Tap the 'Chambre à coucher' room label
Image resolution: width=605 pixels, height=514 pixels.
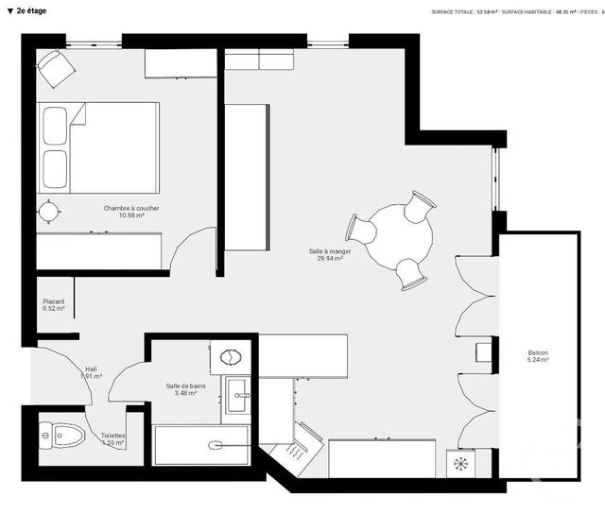tap(131, 208)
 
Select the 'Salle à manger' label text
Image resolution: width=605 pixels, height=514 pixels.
tap(330, 251)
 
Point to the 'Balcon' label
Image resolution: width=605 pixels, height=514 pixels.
tap(538, 352)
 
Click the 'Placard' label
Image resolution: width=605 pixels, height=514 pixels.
tap(54, 300)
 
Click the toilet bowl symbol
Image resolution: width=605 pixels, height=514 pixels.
tap(63, 436)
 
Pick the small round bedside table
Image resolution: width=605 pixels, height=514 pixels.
tap(48, 210)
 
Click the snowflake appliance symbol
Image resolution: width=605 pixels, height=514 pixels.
tap(461, 464)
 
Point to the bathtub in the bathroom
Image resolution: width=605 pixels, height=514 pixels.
tap(201, 445)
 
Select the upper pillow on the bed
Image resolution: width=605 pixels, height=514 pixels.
tap(56, 124)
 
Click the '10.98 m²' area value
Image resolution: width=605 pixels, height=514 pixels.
tap(131, 215)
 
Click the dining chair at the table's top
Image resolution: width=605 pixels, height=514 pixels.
tap(419, 203)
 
